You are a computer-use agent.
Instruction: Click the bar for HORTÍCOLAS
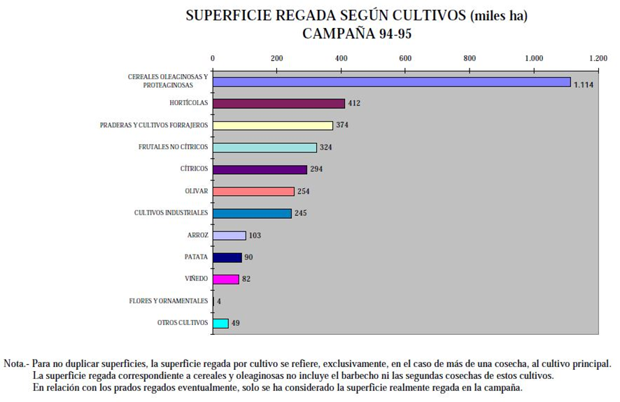[279, 103]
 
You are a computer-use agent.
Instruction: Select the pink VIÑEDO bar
[225, 279]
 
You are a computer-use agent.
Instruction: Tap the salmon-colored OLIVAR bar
[253, 192]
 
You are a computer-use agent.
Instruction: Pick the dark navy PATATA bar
[227, 257]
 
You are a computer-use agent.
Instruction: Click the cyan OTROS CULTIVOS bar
[220, 323]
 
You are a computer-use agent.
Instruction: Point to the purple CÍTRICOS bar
[260, 169]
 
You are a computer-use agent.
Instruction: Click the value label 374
[341, 126]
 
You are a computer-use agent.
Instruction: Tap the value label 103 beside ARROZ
[254, 236]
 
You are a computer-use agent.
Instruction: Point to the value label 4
[219, 301]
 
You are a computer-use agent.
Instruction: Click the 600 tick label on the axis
[405, 58]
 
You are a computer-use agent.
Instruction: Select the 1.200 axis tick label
[598, 58]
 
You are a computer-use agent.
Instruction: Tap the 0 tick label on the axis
[213, 58]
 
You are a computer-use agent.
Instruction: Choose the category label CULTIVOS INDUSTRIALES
[171, 213]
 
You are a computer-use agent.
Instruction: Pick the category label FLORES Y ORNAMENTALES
[169, 301]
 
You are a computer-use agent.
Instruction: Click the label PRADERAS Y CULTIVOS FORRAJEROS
[154, 126]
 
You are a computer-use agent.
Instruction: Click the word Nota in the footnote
[15, 364]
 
